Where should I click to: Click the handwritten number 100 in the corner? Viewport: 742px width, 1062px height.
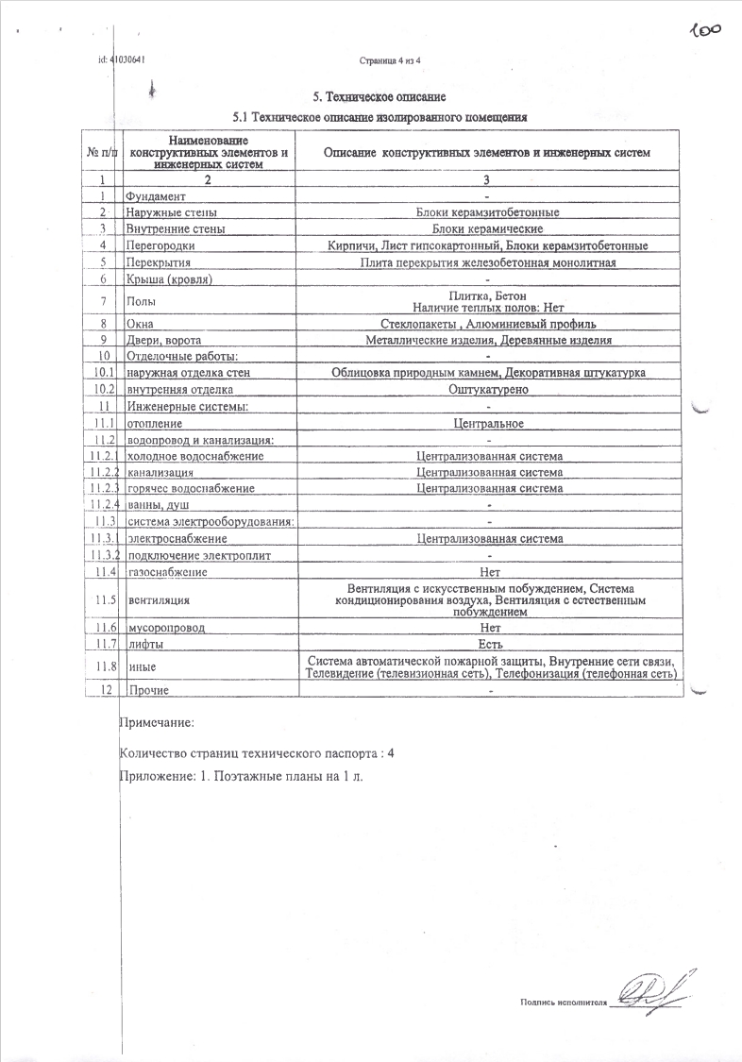coord(705,30)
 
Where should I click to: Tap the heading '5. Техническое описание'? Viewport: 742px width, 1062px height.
coord(379,96)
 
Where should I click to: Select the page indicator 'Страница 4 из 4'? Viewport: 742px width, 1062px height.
coord(390,60)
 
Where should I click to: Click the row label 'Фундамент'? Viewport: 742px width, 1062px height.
coord(157,195)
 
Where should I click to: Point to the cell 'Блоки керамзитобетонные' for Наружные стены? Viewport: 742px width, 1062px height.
coord(488,212)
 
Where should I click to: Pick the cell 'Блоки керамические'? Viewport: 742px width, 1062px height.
coord(488,228)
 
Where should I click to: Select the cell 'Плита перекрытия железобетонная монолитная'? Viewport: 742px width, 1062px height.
coord(488,262)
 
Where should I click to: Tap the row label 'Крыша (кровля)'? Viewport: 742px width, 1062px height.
coord(168,279)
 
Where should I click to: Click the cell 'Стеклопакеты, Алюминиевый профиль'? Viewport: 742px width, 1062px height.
coord(488,324)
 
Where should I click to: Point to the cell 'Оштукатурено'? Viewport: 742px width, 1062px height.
coord(488,389)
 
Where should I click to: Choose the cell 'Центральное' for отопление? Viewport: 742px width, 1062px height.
coord(488,423)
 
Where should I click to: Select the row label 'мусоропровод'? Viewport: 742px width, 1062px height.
coord(165,628)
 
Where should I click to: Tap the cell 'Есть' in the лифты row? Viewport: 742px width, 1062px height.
coord(488,644)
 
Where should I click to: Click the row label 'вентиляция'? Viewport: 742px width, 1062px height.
coord(152,599)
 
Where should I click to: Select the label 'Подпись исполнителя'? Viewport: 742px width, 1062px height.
coord(561,1003)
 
